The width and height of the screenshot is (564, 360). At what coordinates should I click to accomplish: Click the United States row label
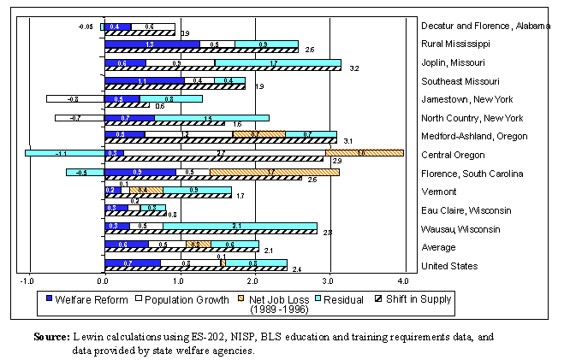449,266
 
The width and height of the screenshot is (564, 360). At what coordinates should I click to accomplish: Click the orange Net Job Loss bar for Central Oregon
364,152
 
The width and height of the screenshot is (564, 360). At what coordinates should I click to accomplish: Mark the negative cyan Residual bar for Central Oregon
64,152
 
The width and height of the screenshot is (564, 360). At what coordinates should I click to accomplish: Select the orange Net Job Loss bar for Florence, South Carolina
274,171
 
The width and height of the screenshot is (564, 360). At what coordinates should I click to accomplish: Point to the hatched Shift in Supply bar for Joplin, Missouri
223,68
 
